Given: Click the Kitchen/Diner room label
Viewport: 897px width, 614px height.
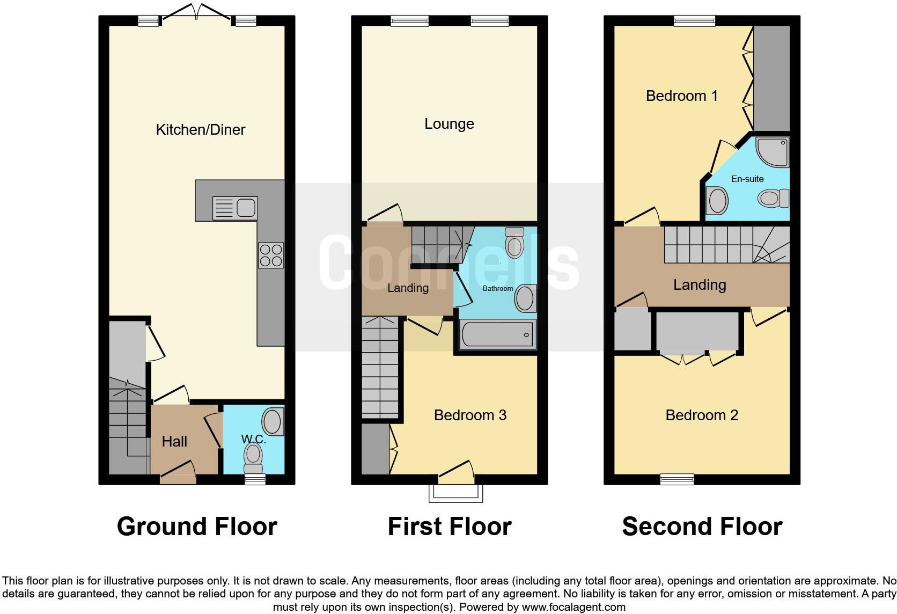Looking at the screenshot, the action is click(200, 129).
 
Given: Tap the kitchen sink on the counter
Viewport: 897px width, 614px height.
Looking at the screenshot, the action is click(236, 208).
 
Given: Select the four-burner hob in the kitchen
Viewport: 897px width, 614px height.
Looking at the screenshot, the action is click(271, 255).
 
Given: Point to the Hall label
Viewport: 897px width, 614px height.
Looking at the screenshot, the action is click(174, 441).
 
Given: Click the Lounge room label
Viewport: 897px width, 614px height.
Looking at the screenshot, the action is click(449, 124).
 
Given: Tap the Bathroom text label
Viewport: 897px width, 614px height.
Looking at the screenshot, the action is click(498, 289).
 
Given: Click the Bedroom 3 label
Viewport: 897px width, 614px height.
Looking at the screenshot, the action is click(470, 415).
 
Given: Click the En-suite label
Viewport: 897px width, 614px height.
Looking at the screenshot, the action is click(747, 179).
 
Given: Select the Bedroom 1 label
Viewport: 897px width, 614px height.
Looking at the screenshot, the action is click(681, 96).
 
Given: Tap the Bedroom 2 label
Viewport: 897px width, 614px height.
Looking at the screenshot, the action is click(702, 415).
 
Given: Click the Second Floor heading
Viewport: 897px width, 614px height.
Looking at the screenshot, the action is click(702, 527).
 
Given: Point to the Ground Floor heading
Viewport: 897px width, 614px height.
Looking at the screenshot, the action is click(197, 527).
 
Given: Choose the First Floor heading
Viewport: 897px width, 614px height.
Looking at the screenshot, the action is click(450, 527).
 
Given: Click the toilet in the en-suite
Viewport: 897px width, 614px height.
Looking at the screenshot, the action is click(773, 199).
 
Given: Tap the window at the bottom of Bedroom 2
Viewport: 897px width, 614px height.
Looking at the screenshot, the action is click(677, 479).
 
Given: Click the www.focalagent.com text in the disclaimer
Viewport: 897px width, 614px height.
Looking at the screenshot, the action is click(574, 608).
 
